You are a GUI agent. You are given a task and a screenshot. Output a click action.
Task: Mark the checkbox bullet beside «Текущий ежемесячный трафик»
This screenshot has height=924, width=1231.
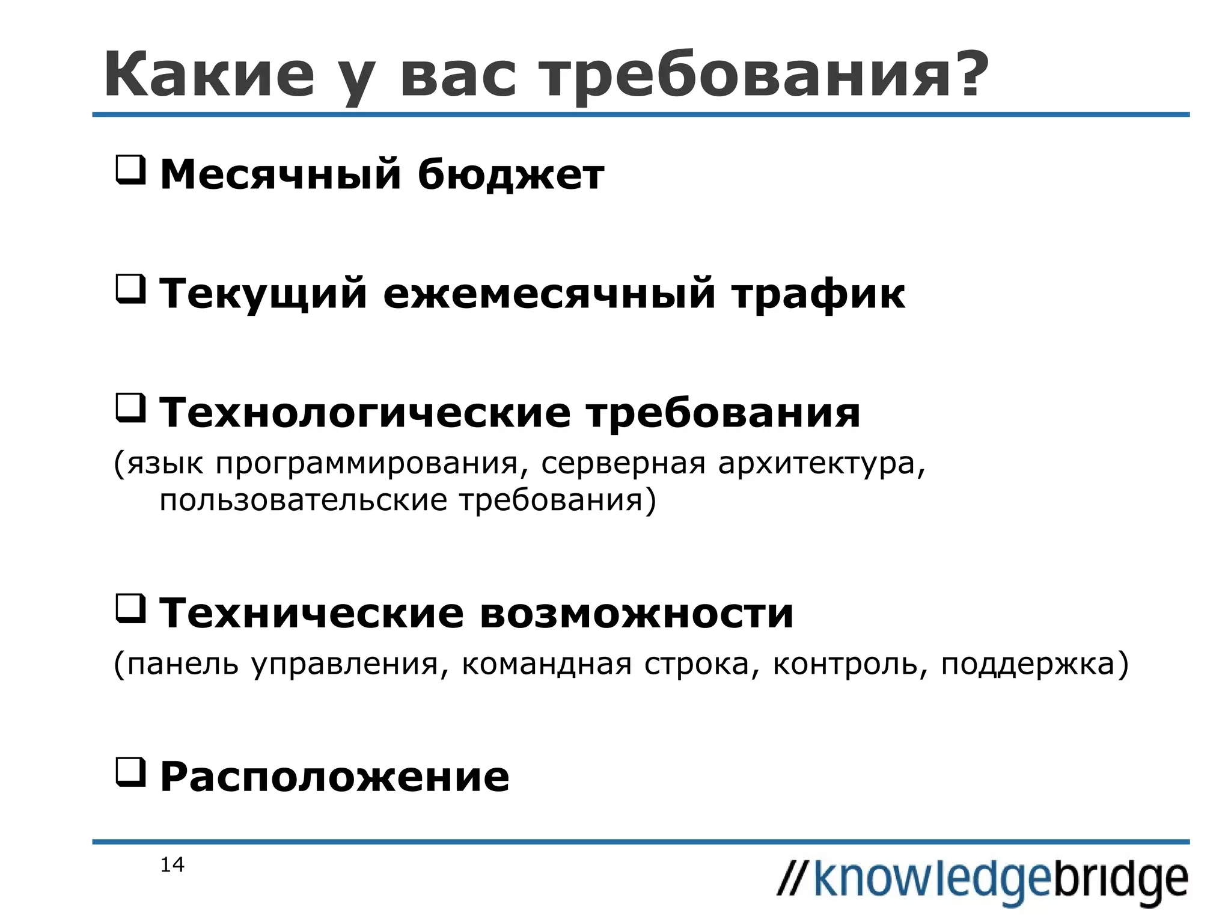(x=130, y=289)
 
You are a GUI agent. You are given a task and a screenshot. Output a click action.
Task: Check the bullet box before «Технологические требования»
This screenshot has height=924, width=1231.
(x=130, y=408)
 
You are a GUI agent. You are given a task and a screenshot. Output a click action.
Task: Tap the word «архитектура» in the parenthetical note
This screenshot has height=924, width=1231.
(x=821, y=464)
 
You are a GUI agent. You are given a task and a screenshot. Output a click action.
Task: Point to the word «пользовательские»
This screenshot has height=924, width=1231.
(x=303, y=500)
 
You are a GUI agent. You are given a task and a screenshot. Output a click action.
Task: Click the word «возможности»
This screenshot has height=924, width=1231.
(x=637, y=614)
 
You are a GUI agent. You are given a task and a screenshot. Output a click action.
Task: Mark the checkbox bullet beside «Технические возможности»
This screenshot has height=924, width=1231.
(x=130, y=609)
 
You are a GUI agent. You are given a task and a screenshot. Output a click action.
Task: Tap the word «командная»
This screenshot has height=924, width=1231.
(x=546, y=665)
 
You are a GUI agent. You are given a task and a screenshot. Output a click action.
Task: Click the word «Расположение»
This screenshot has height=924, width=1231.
(x=335, y=777)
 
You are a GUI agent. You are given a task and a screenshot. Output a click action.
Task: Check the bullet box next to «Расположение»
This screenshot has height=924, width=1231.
(x=130, y=772)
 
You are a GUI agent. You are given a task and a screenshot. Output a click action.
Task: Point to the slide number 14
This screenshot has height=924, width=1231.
(x=172, y=865)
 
